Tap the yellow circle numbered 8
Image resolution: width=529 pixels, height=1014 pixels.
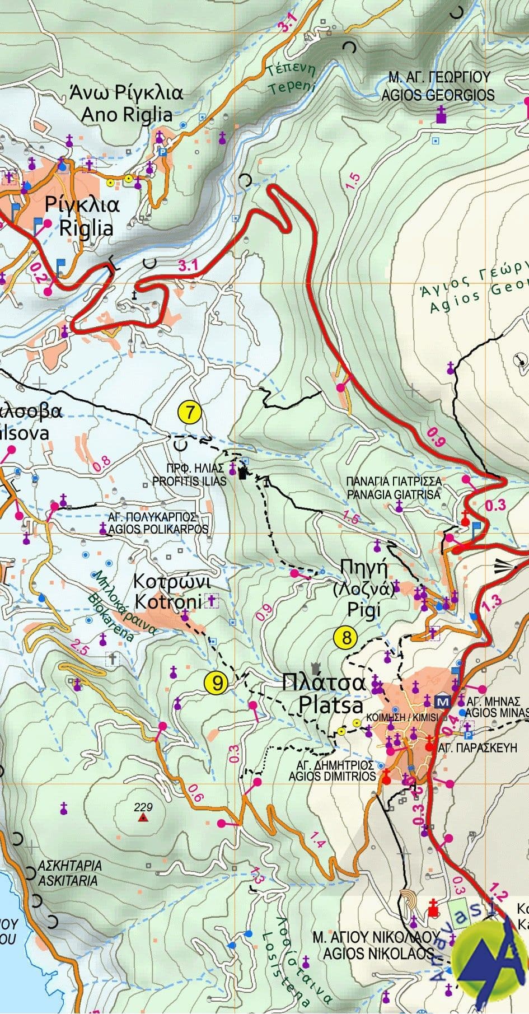click(x=345, y=637)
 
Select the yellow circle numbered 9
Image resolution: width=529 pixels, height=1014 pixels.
click(x=216, y=683)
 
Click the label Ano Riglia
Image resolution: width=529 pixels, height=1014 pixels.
click(x=127, y=114)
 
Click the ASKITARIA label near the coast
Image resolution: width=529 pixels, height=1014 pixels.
click(x=68, y=880)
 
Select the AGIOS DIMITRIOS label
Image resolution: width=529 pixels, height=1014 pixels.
click(x=332, y=777)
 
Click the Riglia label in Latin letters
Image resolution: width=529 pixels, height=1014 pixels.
click(x=86, y=228)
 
